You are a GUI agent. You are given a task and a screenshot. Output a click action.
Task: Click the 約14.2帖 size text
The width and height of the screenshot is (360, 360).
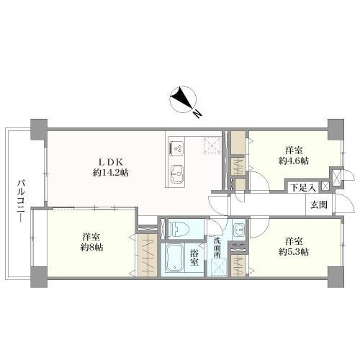click(110, 173)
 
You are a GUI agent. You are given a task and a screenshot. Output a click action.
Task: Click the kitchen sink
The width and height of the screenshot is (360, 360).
click(178, 174)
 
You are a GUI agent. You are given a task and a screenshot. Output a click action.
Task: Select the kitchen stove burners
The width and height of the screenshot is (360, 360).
click(178, 148)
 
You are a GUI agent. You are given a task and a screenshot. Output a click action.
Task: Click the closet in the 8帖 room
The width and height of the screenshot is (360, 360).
click(148, 256)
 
